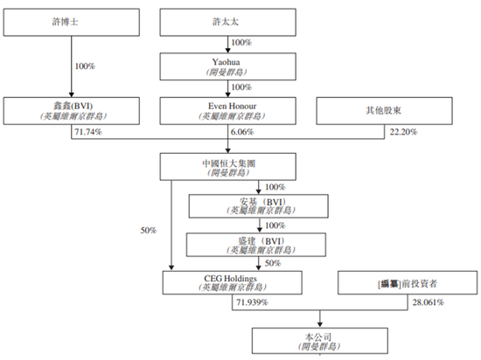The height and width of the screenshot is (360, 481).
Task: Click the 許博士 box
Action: coord(72,23)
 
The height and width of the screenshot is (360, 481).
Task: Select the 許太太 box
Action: coord(228,23)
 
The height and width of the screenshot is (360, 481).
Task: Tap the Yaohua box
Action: coord(228,66)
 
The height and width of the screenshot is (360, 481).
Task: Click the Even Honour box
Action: coord(228,111)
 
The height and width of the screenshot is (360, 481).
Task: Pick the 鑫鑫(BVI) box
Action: coord(72,111)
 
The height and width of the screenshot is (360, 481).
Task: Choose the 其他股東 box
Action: coord(385,111)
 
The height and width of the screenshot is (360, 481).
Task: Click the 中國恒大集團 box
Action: coord(228,167)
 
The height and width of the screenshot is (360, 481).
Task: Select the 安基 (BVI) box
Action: coord(259,206)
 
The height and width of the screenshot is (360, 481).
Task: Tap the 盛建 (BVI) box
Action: coord(256,245)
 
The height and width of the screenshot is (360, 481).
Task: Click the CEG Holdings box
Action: coord(233,283)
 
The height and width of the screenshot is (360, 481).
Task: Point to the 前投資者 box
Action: coord(408,283)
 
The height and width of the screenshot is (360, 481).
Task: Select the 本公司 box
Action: coord(320,341)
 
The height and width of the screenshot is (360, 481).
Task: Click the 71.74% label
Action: coord(88,132)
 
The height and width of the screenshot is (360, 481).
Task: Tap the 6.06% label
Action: coord(242,132)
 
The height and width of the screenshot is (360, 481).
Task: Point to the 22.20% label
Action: coord(403,132)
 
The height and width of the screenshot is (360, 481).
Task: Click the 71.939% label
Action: coord(252,302)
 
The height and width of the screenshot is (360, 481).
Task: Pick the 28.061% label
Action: coord(428,302)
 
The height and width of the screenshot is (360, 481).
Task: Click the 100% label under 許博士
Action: coord(85,66)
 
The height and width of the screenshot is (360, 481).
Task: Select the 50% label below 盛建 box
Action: coord(273,263)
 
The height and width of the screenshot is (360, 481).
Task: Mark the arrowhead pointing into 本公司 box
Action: coord(320,324)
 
